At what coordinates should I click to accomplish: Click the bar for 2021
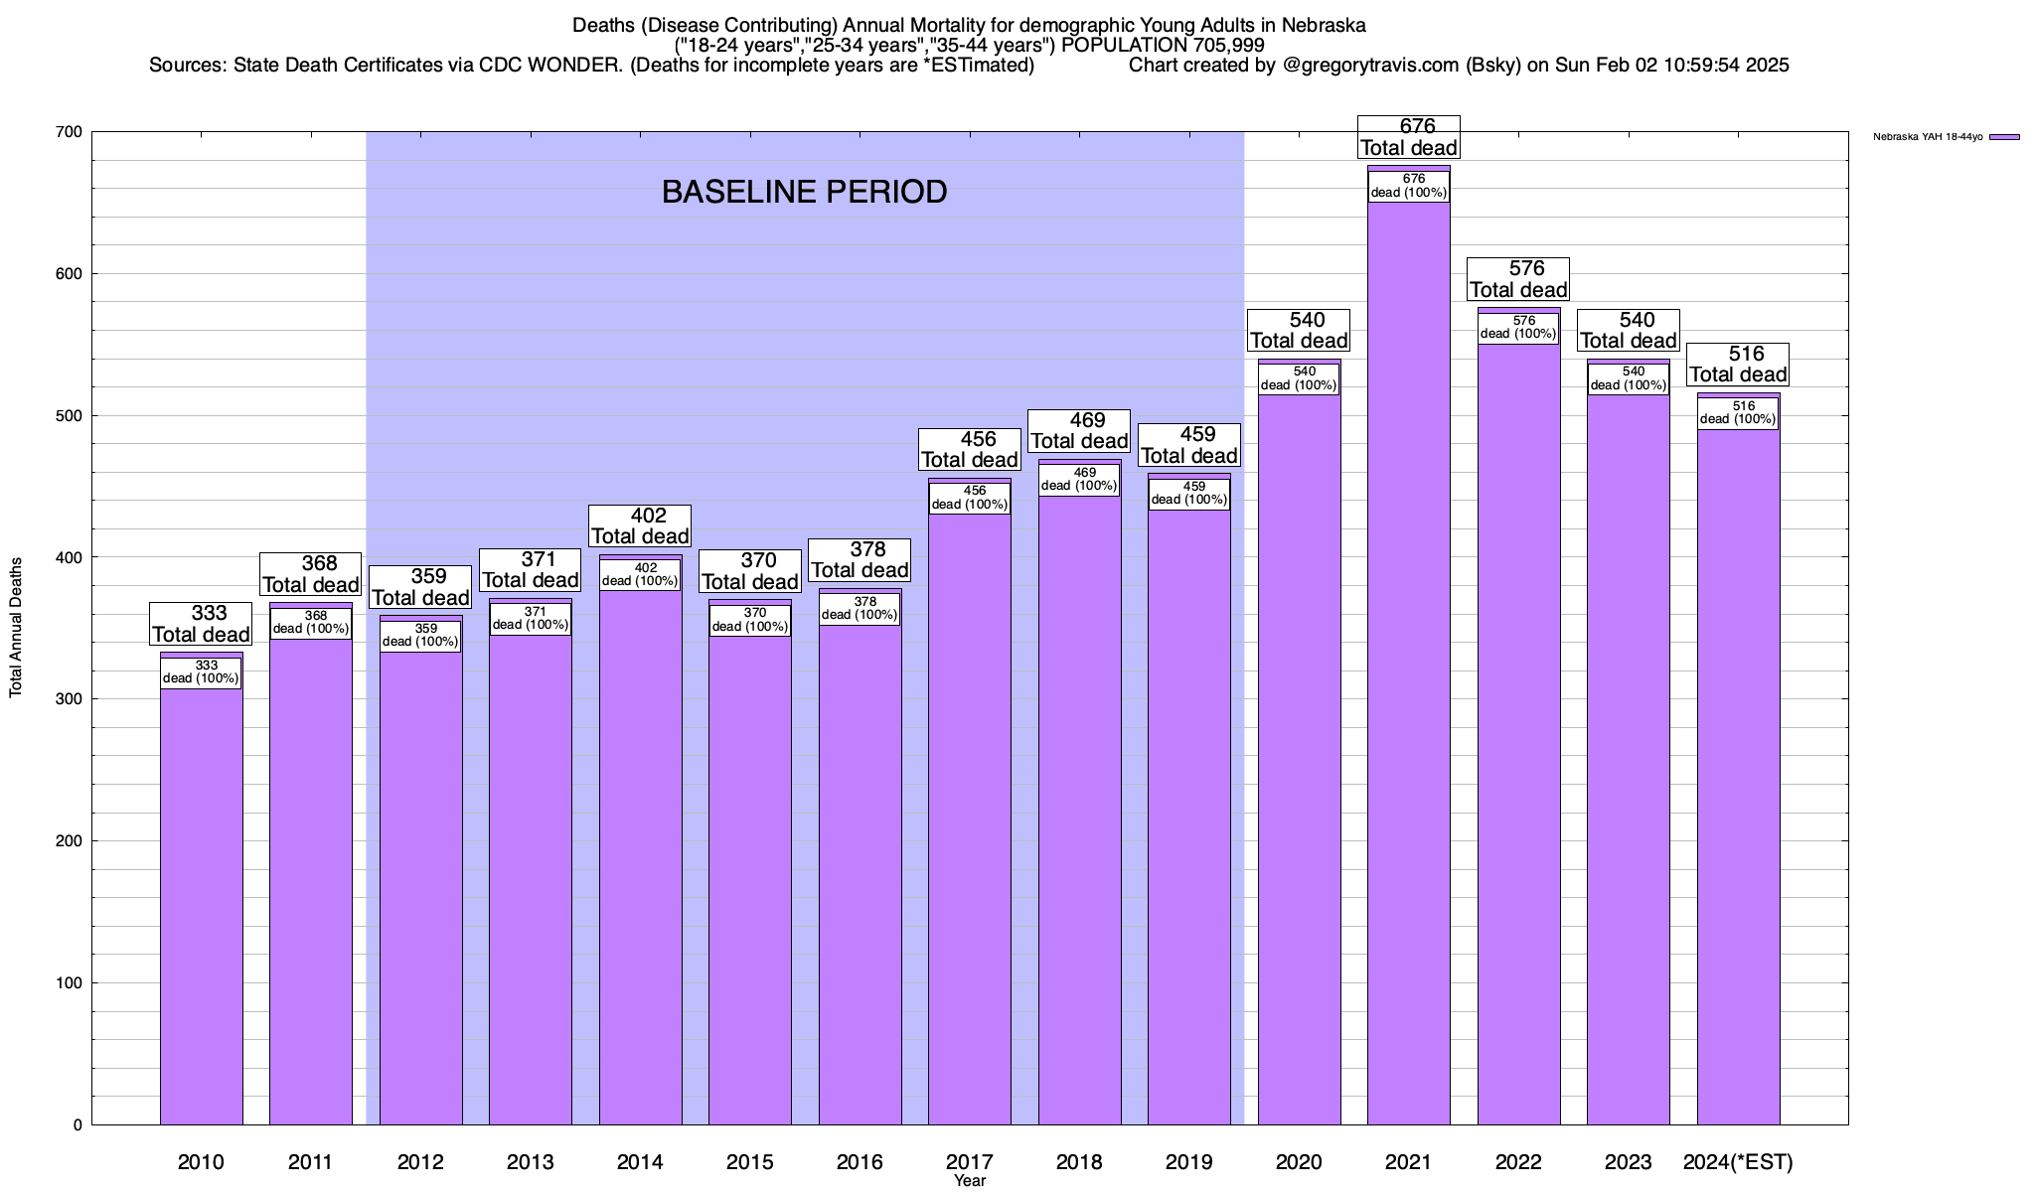[x=1408, y=695]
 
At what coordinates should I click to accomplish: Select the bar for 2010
[x=201, y=894]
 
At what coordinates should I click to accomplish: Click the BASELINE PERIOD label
[x=804, y=192]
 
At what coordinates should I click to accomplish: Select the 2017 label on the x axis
[x=969, y=1161]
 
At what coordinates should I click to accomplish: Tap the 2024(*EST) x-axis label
[x=1738, y=1161]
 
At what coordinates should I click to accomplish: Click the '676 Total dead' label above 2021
[x=1409, y=137]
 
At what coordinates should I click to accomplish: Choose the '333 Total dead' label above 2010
[x=201, y=624]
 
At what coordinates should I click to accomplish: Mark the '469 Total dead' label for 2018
[x=1079, y=430]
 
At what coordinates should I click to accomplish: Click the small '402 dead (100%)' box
[x=640, y=575]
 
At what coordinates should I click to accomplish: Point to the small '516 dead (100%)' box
[x=1738, y=413]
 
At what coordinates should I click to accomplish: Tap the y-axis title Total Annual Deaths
[x=16, y=627]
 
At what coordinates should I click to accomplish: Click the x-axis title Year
[x=969, y=1180]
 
